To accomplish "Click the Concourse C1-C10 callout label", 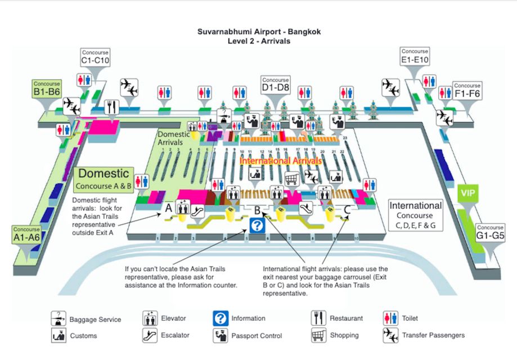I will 95,57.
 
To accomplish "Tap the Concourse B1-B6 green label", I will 47,89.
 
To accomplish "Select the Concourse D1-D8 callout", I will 276,85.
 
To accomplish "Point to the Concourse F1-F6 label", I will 467,91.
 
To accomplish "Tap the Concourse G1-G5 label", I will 490,232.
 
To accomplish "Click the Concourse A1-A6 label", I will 26,235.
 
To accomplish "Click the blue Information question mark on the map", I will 257,226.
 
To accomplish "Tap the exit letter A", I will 168,208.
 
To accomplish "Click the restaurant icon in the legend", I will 318,318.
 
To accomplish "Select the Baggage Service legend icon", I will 59,319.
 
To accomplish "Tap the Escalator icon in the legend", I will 150,335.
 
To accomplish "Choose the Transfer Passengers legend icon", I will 390,335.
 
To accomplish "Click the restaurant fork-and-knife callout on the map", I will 111,105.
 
